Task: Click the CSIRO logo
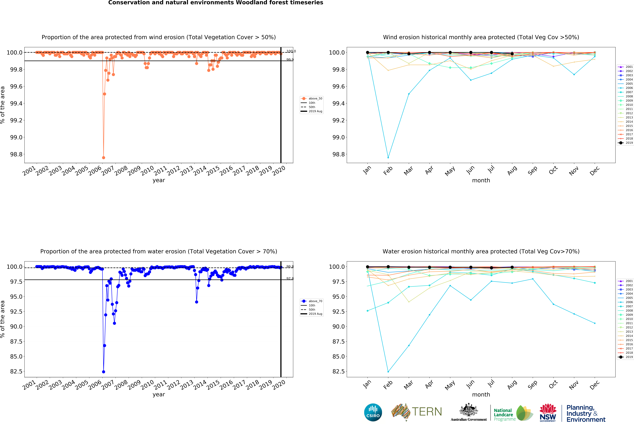point(373,412)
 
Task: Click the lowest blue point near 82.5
point(103,372)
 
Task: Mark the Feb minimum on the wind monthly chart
point(388,158)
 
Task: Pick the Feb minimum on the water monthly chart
point(388,372)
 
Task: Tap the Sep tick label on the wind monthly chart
point(532,170)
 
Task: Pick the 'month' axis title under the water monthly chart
point(481,395)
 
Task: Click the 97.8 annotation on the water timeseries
point(290,279)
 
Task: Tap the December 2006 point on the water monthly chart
point(595,323)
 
